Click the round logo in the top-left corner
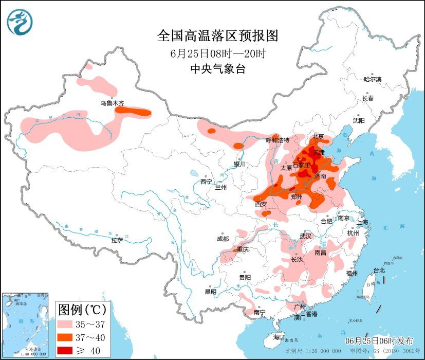point(20,22)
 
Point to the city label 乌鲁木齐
point(112,103)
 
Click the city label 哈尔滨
point(373,79)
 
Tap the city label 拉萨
point(117,240)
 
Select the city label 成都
point(223,239)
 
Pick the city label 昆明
point(211,292)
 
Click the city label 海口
point(279,337)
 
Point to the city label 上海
point(363,222)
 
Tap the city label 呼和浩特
point(278,140)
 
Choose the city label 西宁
point(206,182)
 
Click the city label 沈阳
point(358,120)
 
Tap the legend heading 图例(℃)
point(82,310)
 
